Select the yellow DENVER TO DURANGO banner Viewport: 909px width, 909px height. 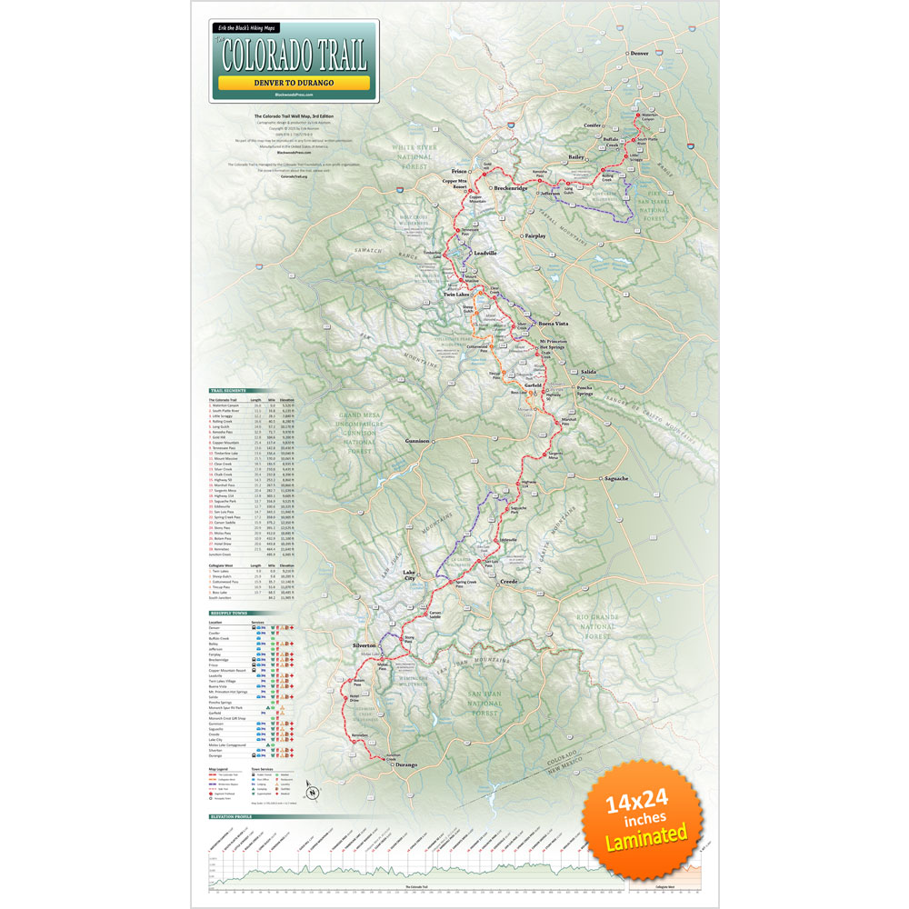(x=293, y=83)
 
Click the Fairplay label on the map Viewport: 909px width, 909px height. (x=536, y=236)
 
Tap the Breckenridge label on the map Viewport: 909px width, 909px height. (x=511, y=188)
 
